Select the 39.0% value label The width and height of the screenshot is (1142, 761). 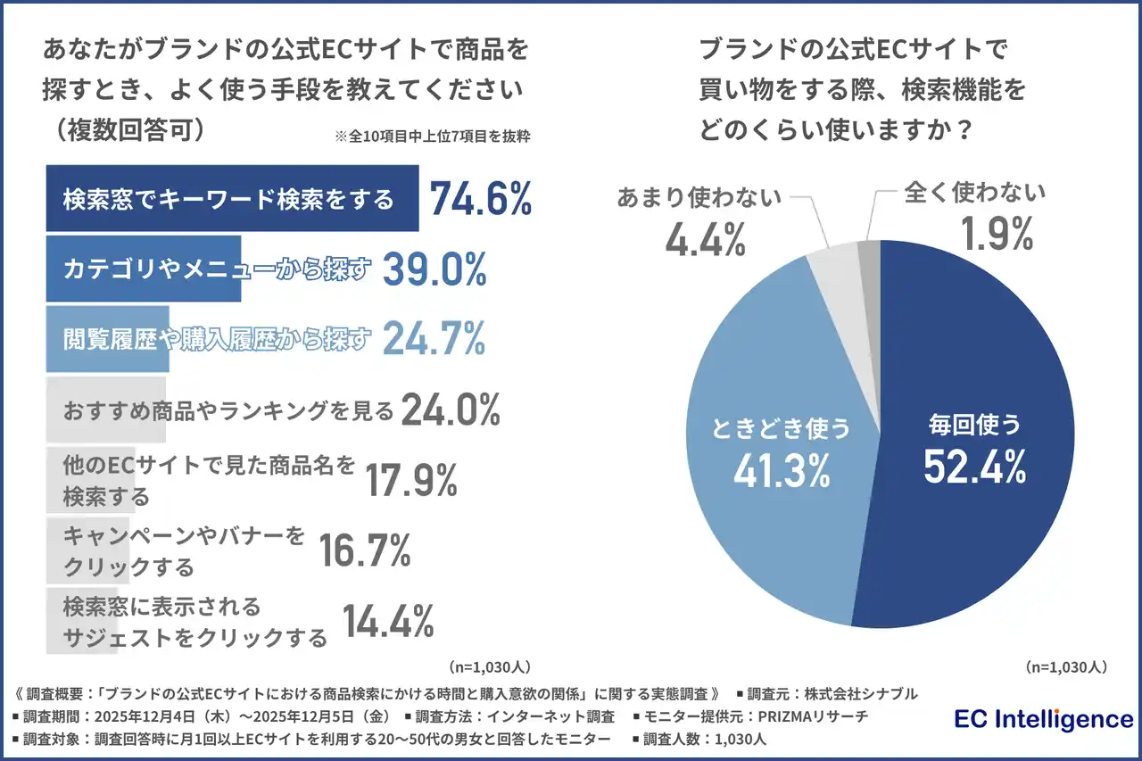point(434,269)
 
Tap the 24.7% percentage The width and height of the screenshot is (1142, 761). point(434,337)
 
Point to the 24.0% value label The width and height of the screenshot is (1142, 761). point(451,409)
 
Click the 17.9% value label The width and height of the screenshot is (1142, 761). point(411,481)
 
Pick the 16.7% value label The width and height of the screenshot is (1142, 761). point(364,550)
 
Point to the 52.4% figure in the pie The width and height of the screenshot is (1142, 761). point(974,467)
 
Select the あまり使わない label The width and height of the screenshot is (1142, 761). point(699,196)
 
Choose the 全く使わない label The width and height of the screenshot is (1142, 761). point(974,192)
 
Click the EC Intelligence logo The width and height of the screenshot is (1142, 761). point(1043,719)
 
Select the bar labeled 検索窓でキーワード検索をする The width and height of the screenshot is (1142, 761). point(231,198)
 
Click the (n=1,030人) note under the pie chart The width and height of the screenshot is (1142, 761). point(1066,666)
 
